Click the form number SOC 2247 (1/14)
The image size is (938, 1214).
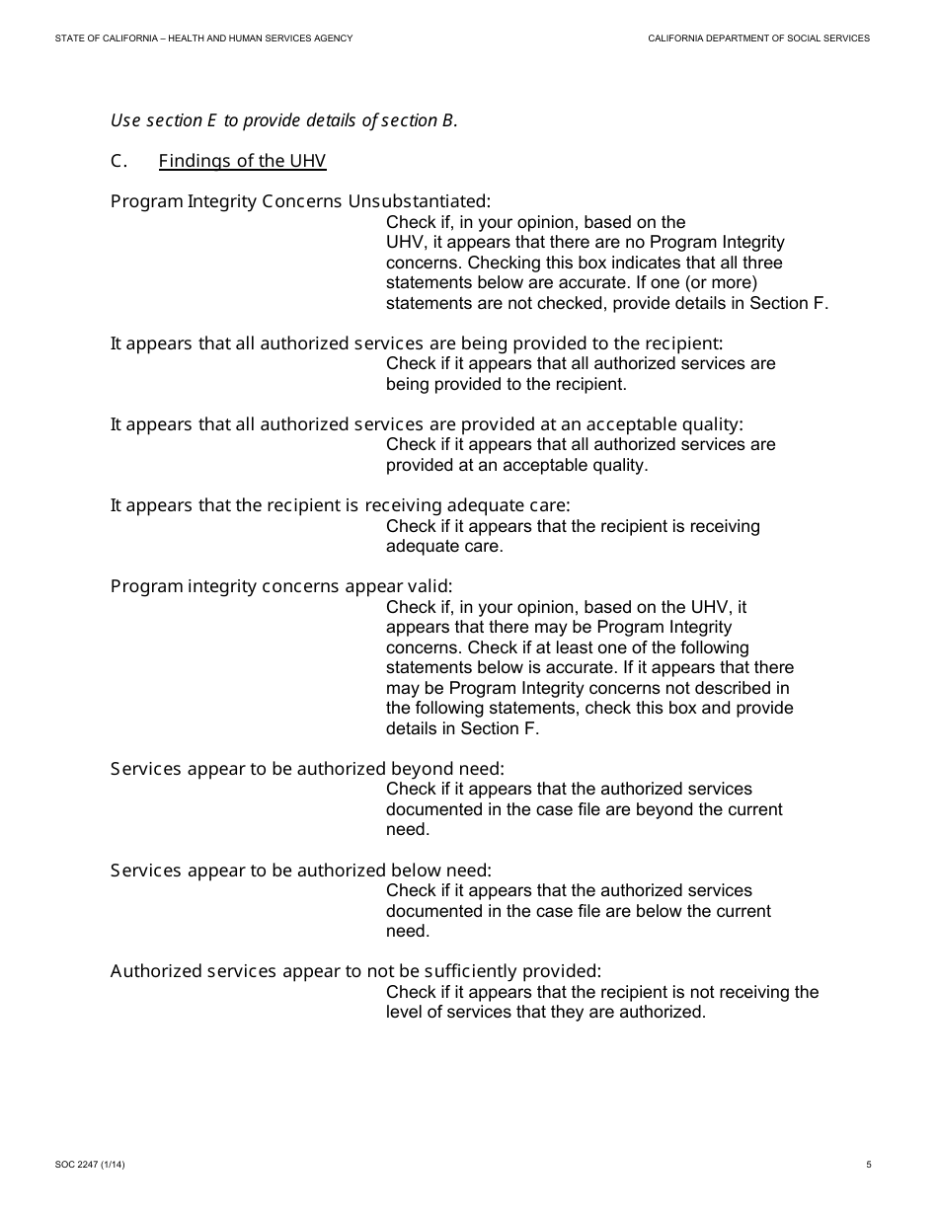(x=90, y=1165)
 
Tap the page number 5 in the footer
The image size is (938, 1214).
(x=869, y=1165)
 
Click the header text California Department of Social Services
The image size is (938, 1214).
(x=758, y=38)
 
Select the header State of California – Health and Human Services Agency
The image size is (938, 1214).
(x=204, y=38)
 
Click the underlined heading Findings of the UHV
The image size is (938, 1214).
(x=242, y=161)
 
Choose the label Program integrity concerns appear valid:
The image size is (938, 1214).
(x=281, y=586)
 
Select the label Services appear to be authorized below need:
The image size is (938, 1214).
(x=301, y=870)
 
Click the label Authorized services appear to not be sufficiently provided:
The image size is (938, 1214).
(x=355, y=971)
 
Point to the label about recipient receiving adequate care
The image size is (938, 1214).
(x=341, y=505)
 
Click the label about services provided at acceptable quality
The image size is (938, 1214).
(x=427, y=424)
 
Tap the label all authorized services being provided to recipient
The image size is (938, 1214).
(x=417, y=343)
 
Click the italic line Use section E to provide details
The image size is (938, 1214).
(x=284, y=120)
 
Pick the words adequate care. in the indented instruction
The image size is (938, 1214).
(x=444, y=546)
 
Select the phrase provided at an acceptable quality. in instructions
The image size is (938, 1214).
(x=516, y=465)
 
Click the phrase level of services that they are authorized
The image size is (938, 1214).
(x=546, y=1012)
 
